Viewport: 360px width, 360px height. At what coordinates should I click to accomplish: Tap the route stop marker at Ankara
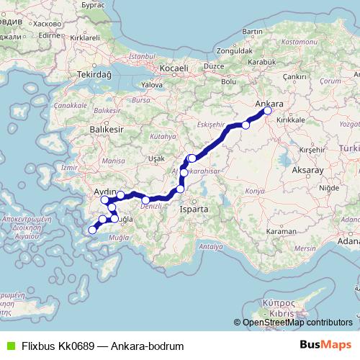268,111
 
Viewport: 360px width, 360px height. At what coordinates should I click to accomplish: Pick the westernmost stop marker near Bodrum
91,230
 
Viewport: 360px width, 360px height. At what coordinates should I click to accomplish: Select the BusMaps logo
330,346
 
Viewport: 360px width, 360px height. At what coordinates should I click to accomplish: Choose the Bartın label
253,32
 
